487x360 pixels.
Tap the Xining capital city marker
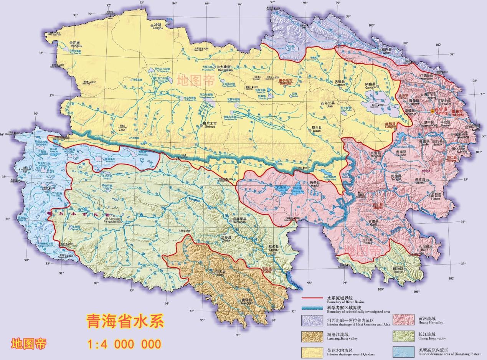432,111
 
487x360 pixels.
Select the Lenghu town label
158,26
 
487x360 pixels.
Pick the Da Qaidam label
225,68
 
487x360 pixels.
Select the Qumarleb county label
239,220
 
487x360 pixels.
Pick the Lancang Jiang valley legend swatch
312,336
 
